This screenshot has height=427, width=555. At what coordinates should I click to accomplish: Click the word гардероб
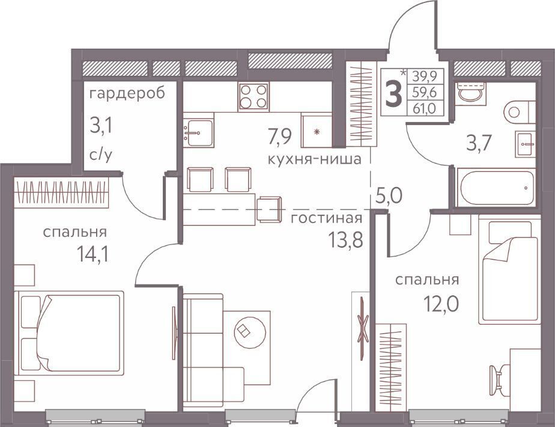(127, 94)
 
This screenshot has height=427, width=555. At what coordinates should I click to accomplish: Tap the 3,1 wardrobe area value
(101, 126)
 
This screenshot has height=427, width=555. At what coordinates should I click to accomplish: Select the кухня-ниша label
(315, 159)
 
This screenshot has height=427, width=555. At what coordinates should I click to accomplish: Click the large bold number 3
(393, 93)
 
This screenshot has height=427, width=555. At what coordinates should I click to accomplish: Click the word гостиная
(326, 218)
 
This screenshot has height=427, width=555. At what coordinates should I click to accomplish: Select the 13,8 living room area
(345, 240)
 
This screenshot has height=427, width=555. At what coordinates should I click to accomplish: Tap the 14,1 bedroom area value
(92, 254)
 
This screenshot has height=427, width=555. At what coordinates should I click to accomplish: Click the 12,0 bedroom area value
(441, 304)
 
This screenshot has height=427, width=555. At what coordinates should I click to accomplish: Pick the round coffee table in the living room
(250, 332)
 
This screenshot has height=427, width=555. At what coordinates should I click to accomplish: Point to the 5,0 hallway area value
(389, 195)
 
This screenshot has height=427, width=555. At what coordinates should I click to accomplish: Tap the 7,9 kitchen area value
(280, 137)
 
